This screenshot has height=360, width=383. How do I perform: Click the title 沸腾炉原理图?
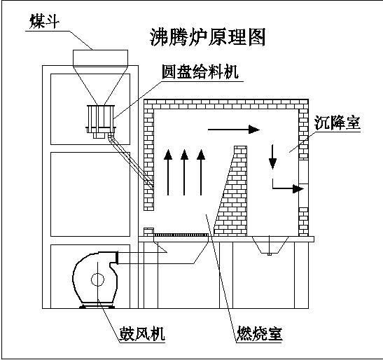click(207, 37)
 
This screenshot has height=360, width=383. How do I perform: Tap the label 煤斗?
click(44, 22)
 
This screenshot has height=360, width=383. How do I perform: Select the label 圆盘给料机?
click(200, 72)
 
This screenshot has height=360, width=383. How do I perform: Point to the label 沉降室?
click(337, 123)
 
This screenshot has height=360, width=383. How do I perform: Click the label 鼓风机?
click(141, 333)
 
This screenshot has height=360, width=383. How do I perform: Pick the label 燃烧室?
click(260, 333)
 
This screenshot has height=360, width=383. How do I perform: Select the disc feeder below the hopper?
click(100, 121)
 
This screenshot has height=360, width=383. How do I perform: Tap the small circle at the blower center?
click(97, 279)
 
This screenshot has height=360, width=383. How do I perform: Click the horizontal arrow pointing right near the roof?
click(234, 130)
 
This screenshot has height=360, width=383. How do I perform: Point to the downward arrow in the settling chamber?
click(272, 157)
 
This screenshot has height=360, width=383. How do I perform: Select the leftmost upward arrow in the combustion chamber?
click(168, 172)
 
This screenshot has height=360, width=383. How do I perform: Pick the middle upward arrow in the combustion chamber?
click(184, 172)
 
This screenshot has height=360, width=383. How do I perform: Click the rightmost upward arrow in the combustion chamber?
click(201, 172)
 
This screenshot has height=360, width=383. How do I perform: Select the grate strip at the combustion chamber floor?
click(181, 235)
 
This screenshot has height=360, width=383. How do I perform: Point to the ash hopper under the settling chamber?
click(270, 245)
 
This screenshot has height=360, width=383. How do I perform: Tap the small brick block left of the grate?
click(148, 232)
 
